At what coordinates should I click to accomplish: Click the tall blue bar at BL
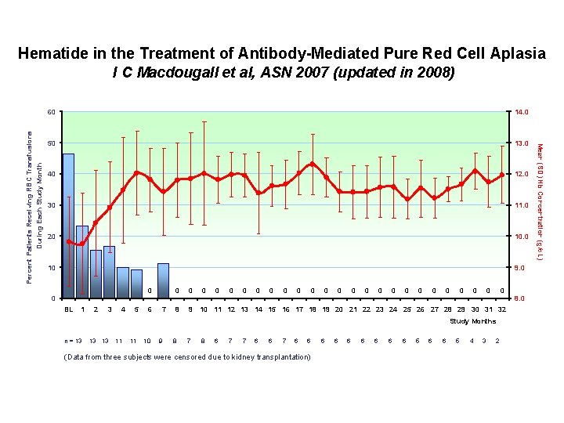pyautogui.click(x=68, y=226)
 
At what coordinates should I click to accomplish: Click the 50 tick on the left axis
pyautogui.click(x=51, y=143)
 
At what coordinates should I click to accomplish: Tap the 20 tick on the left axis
pyautogui.click(x=51, y=237)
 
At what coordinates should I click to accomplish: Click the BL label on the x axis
pyautogui.click(x=68, y=309)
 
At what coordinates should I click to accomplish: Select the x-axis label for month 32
pyautogui.click(x=501, y=309)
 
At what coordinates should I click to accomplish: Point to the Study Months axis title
pyautogui.click(x=472, y=321)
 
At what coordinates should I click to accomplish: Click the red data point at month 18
pyautogui.click(x=313, y=164)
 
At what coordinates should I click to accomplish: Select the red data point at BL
pyautogui.click(x=69, y=242)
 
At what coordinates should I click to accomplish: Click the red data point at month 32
pyautogui.click(x=501, y=175)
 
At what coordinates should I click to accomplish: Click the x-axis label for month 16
pyautogui.click(x=285, y=309)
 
